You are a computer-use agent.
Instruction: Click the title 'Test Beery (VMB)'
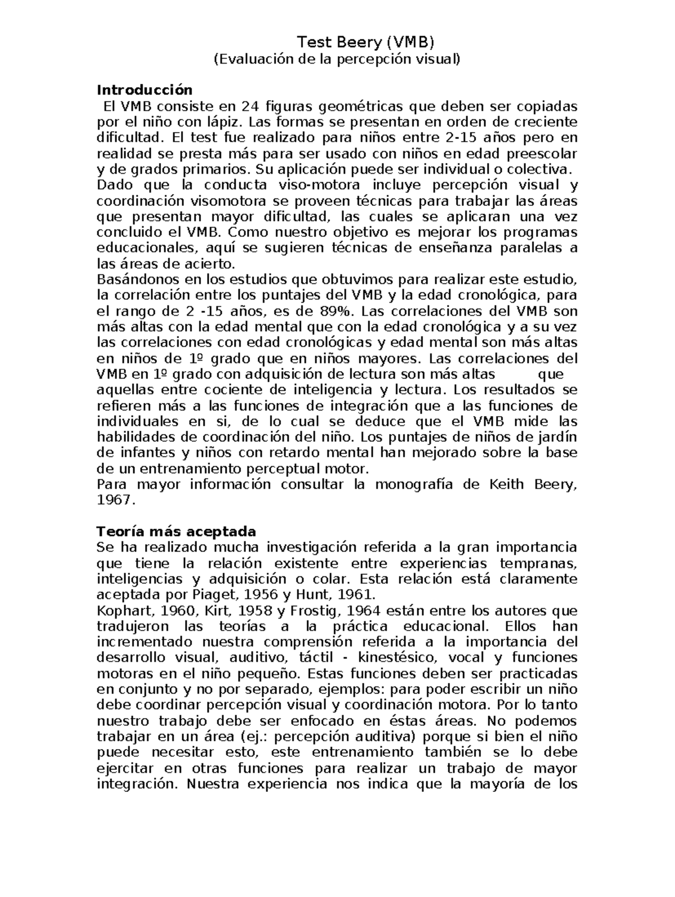pos(366,42)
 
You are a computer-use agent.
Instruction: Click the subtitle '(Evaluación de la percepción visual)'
pos(337,59)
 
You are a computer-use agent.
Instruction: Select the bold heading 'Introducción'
pos(145,90)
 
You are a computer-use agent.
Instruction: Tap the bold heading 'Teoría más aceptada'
pos(177,531)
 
